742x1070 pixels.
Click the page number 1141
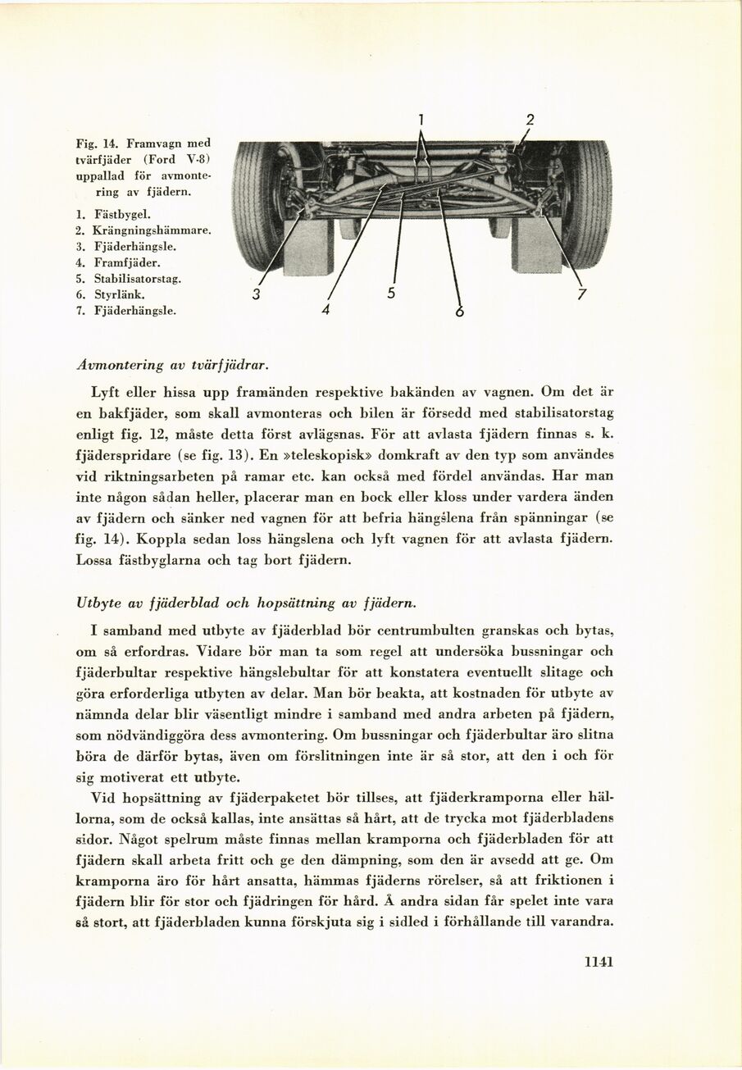[x=599, y=962]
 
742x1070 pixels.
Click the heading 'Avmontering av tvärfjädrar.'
[x=174, y=362]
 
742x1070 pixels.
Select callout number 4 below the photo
[x=325, y=310]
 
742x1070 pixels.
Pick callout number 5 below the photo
[x=391, y=293]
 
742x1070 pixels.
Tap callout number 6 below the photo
[x=460, y=312]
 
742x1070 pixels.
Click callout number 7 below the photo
[x=582, y=294]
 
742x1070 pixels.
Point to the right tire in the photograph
[x=585, y=205]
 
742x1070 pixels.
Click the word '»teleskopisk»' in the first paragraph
[x=330, y=454]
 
